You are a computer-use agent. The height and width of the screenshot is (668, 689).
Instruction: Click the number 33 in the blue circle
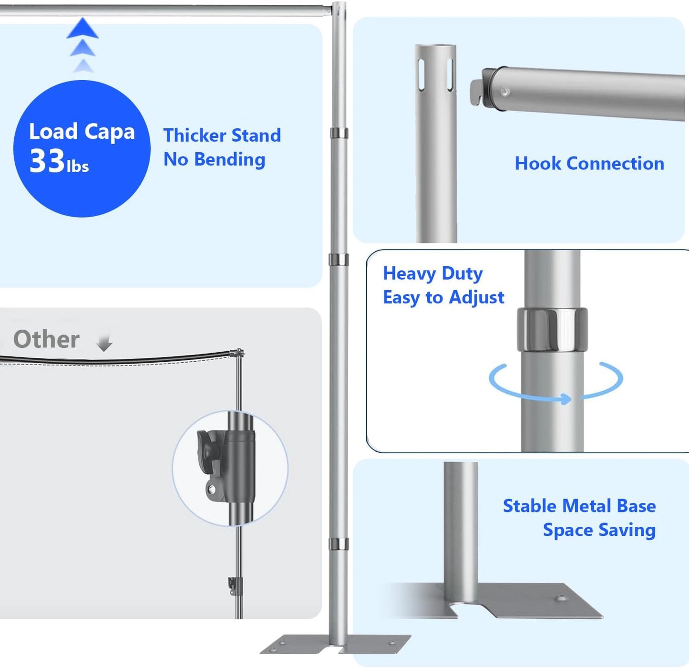click(47, 161)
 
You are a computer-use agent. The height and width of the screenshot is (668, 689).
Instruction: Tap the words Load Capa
click(82, 132)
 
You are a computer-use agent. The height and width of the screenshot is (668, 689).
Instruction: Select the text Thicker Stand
click(222, 136)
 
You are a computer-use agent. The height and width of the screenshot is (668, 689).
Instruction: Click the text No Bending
click(214, 159)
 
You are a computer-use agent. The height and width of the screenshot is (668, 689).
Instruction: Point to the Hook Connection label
click(589, 164)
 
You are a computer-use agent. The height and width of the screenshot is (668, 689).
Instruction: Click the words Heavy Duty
click(432, 273)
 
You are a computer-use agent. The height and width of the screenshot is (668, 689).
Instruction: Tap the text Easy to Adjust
click(443, 297)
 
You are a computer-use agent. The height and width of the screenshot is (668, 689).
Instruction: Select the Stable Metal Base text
click(579, 506)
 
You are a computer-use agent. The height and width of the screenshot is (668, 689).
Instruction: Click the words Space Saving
click(599, 530)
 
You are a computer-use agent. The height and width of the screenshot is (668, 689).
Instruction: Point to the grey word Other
click(46, 340)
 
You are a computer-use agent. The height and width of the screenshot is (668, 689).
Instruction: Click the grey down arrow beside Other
click(104, 343)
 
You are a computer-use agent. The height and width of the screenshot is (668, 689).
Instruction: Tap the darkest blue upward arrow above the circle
click(82, 28)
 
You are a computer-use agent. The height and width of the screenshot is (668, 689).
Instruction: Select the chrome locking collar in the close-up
click(552, 329)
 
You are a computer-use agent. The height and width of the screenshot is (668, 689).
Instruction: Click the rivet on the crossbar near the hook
click(504, 92)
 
